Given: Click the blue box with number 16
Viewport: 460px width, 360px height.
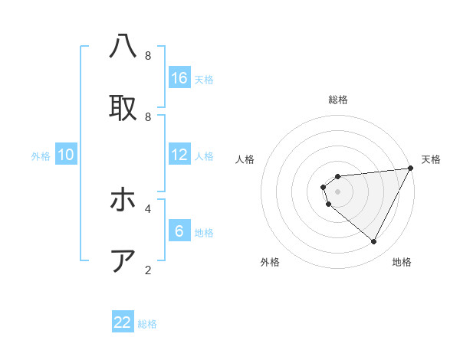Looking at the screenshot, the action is tap(179, 78).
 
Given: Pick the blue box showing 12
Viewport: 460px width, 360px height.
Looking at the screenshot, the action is tap(179, 155).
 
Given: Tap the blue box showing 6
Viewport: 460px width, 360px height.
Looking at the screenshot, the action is tap(179, 231).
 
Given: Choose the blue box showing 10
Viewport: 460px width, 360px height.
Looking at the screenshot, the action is tap(66, 155).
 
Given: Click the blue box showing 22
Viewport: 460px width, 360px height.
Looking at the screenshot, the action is tap(123, 322).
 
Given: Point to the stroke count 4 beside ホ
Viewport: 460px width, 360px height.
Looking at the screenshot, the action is tap(148, 208).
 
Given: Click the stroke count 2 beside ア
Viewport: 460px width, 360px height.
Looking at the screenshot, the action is tap(148, 270).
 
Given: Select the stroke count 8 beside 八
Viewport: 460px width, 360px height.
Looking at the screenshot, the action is tap(148, 56).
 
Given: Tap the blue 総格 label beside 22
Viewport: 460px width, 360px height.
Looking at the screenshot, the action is tap(147, 324).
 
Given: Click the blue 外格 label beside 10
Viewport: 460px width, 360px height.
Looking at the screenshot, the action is tap(41, 156).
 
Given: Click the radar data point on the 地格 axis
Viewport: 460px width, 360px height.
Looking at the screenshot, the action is tap(373, 242).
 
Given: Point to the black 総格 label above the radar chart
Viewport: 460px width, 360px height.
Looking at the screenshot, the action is tap(338, 100).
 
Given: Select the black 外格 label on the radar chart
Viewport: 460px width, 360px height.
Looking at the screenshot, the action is tap(270, 262).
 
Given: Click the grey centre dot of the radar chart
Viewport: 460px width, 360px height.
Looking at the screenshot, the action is tap(337, 191).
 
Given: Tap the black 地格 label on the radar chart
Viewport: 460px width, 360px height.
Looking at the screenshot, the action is tap(402, 262).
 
